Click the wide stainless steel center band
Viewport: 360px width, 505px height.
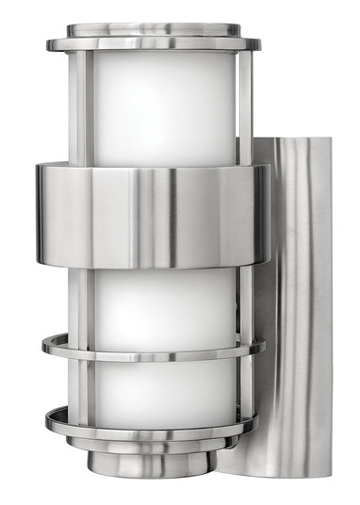pyautogui.click(x=151, y=215)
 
